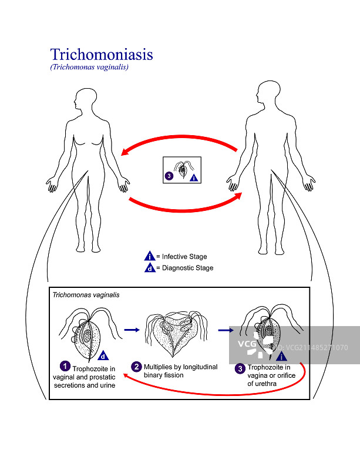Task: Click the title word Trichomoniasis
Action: (102, 55)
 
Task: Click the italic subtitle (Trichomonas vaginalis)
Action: (89, 67)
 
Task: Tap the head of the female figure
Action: (86, 98)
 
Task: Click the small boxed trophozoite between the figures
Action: (182, 169)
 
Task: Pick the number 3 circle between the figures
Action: (169, 175)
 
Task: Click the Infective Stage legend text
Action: (181, 257)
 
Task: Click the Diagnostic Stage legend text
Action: (184, 268)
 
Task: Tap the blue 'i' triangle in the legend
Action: (150, 256)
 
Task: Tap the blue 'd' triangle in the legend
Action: (150, 268)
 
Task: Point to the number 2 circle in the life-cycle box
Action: (136, 367)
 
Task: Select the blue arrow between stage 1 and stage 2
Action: (132, 330)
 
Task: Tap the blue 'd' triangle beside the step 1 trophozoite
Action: (103, 356)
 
